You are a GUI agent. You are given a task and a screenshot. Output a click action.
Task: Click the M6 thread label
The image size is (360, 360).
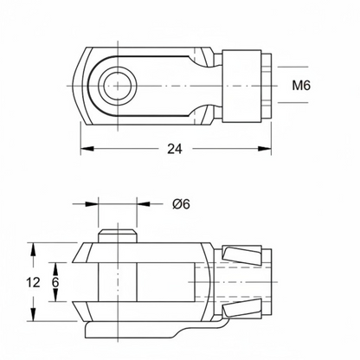301,86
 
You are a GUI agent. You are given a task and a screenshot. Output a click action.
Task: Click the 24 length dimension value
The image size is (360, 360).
175,149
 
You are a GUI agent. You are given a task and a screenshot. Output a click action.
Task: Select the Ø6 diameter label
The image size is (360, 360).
182,204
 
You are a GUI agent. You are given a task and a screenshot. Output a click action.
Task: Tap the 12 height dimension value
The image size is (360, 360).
33,282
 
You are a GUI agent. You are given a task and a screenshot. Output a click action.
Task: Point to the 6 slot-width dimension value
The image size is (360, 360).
55,282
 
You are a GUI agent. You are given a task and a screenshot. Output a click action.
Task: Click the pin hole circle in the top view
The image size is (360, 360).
117,86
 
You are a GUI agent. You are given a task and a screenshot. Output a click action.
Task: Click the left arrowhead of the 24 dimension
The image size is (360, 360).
87,149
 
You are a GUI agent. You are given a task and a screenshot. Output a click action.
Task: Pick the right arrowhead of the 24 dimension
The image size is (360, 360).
265,149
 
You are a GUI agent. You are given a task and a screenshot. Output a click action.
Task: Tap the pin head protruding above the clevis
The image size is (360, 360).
117,235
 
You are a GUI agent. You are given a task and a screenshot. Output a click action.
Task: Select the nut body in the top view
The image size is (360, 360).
241,86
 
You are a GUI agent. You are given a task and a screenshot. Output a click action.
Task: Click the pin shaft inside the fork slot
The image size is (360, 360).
117,282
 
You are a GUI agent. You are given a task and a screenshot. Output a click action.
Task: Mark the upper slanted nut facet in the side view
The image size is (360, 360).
242,255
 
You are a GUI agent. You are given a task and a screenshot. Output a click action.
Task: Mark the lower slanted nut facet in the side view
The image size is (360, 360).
242,309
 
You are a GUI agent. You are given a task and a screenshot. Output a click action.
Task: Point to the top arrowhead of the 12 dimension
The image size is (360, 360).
34,249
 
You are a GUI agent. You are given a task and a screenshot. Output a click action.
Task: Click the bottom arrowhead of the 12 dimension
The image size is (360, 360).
34,314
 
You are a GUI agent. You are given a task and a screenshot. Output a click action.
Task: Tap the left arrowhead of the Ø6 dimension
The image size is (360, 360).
92,203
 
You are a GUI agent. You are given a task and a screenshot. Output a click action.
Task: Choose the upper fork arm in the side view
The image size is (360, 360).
141,253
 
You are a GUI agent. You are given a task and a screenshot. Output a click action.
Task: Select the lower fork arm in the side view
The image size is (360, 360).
141,312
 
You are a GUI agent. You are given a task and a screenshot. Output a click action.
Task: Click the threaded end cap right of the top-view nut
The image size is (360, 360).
267,86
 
